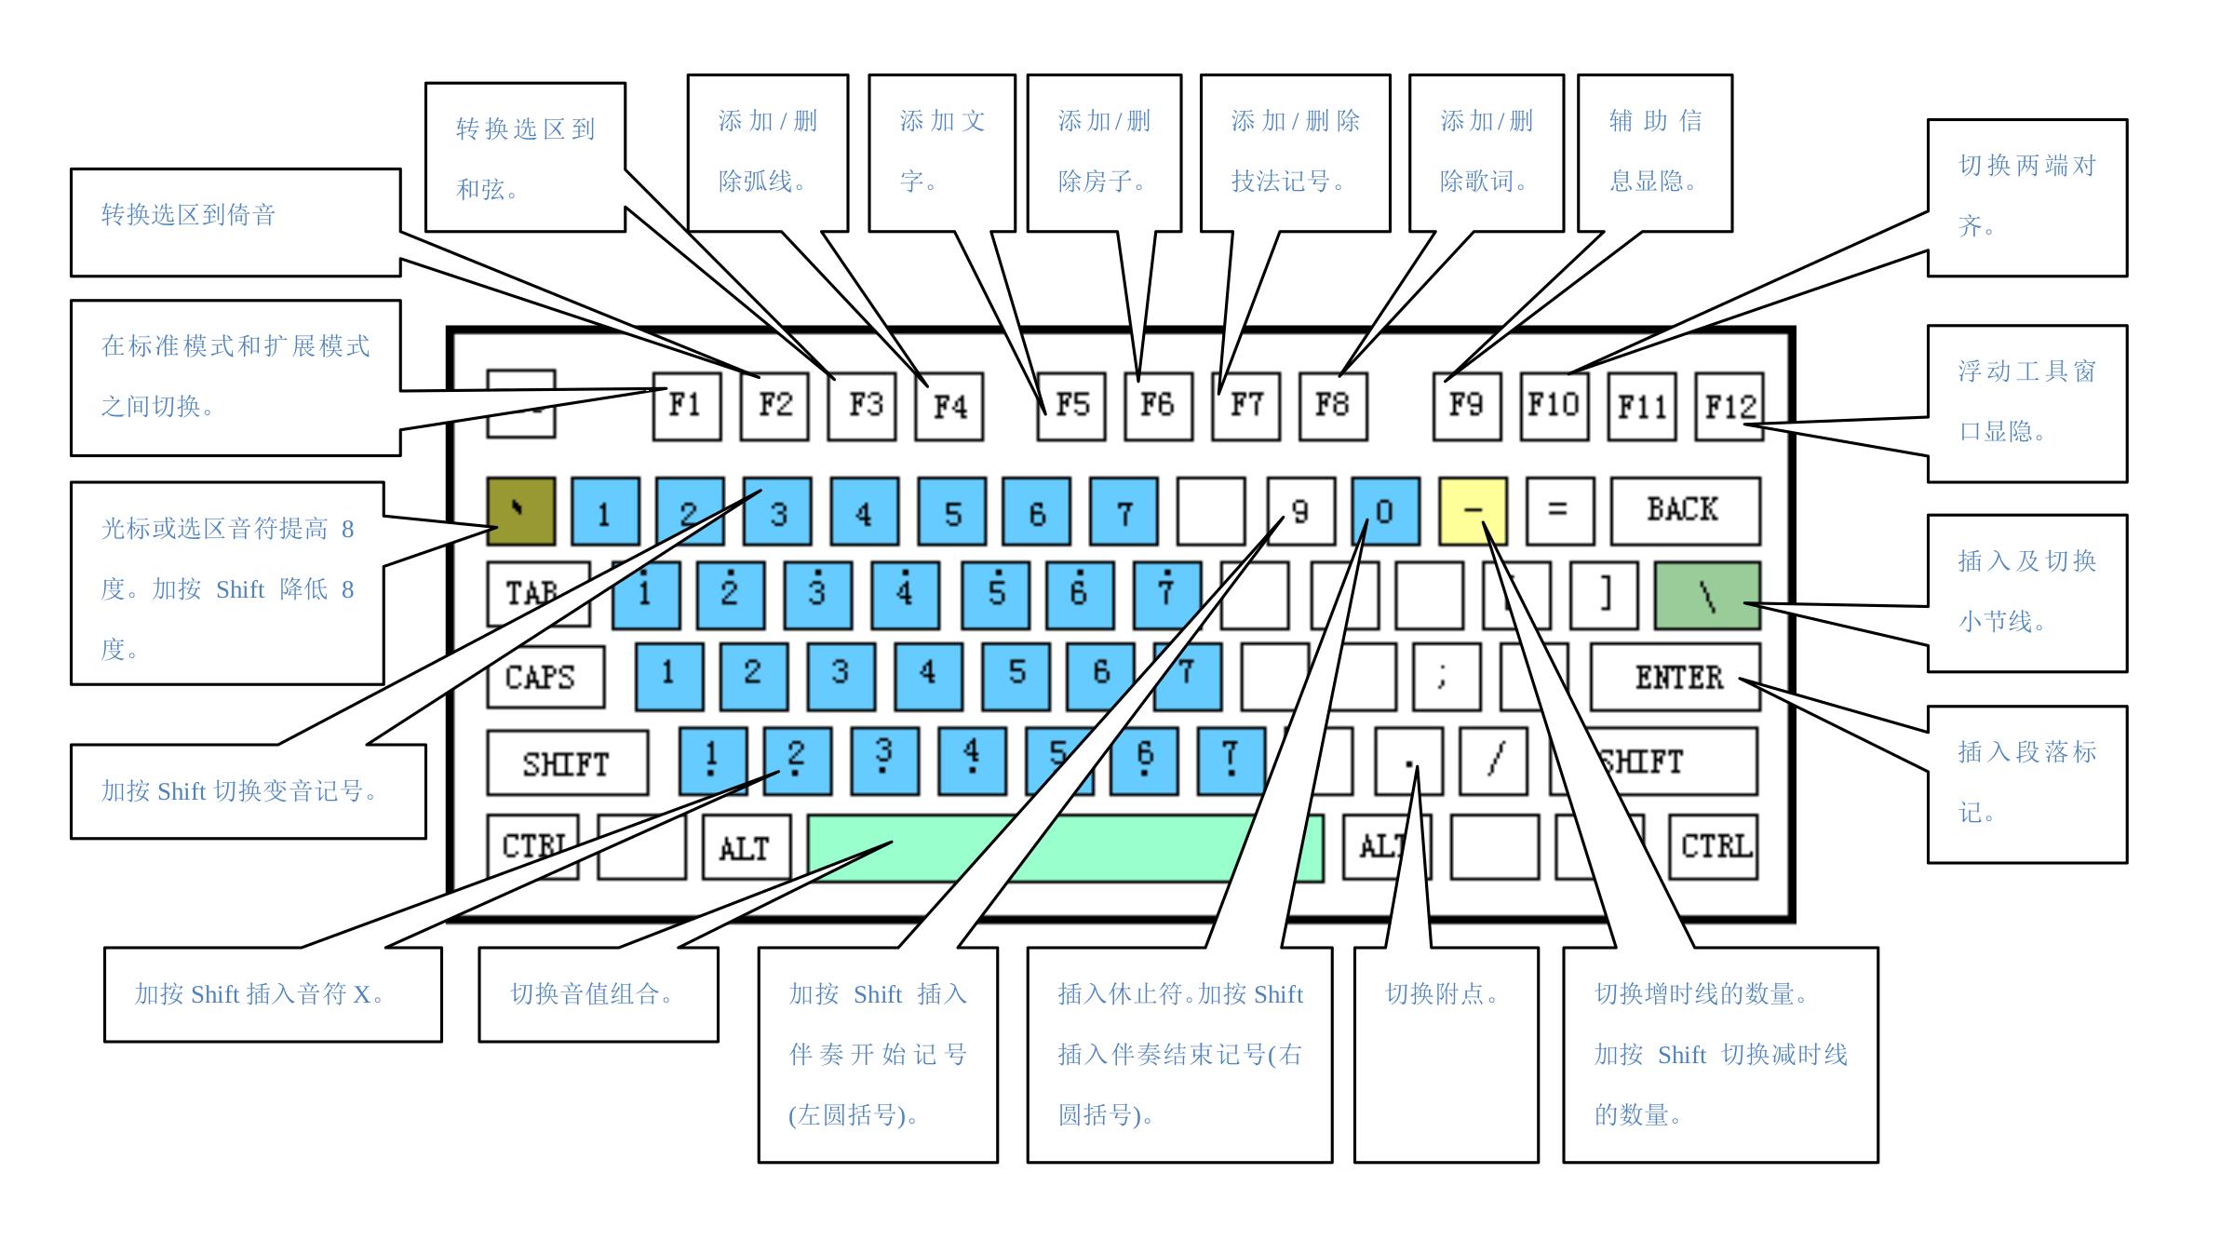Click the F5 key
click(x=1071, y=406)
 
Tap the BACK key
click(x=1685, y=510)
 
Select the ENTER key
click(x=1675, y=677)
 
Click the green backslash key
click(x=1706, y=595)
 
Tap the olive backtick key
click(x=520, y=511)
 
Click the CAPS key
click(x=545, y=677)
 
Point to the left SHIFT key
click(x=567, y=763)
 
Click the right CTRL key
click(x=1713, y=846)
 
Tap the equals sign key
click(x=1559, y=510)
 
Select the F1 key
click(x=686, y=406)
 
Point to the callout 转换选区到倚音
click(x=189, y=216)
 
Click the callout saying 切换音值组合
click(x=592, y=994)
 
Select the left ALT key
click(x=746, y=847)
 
